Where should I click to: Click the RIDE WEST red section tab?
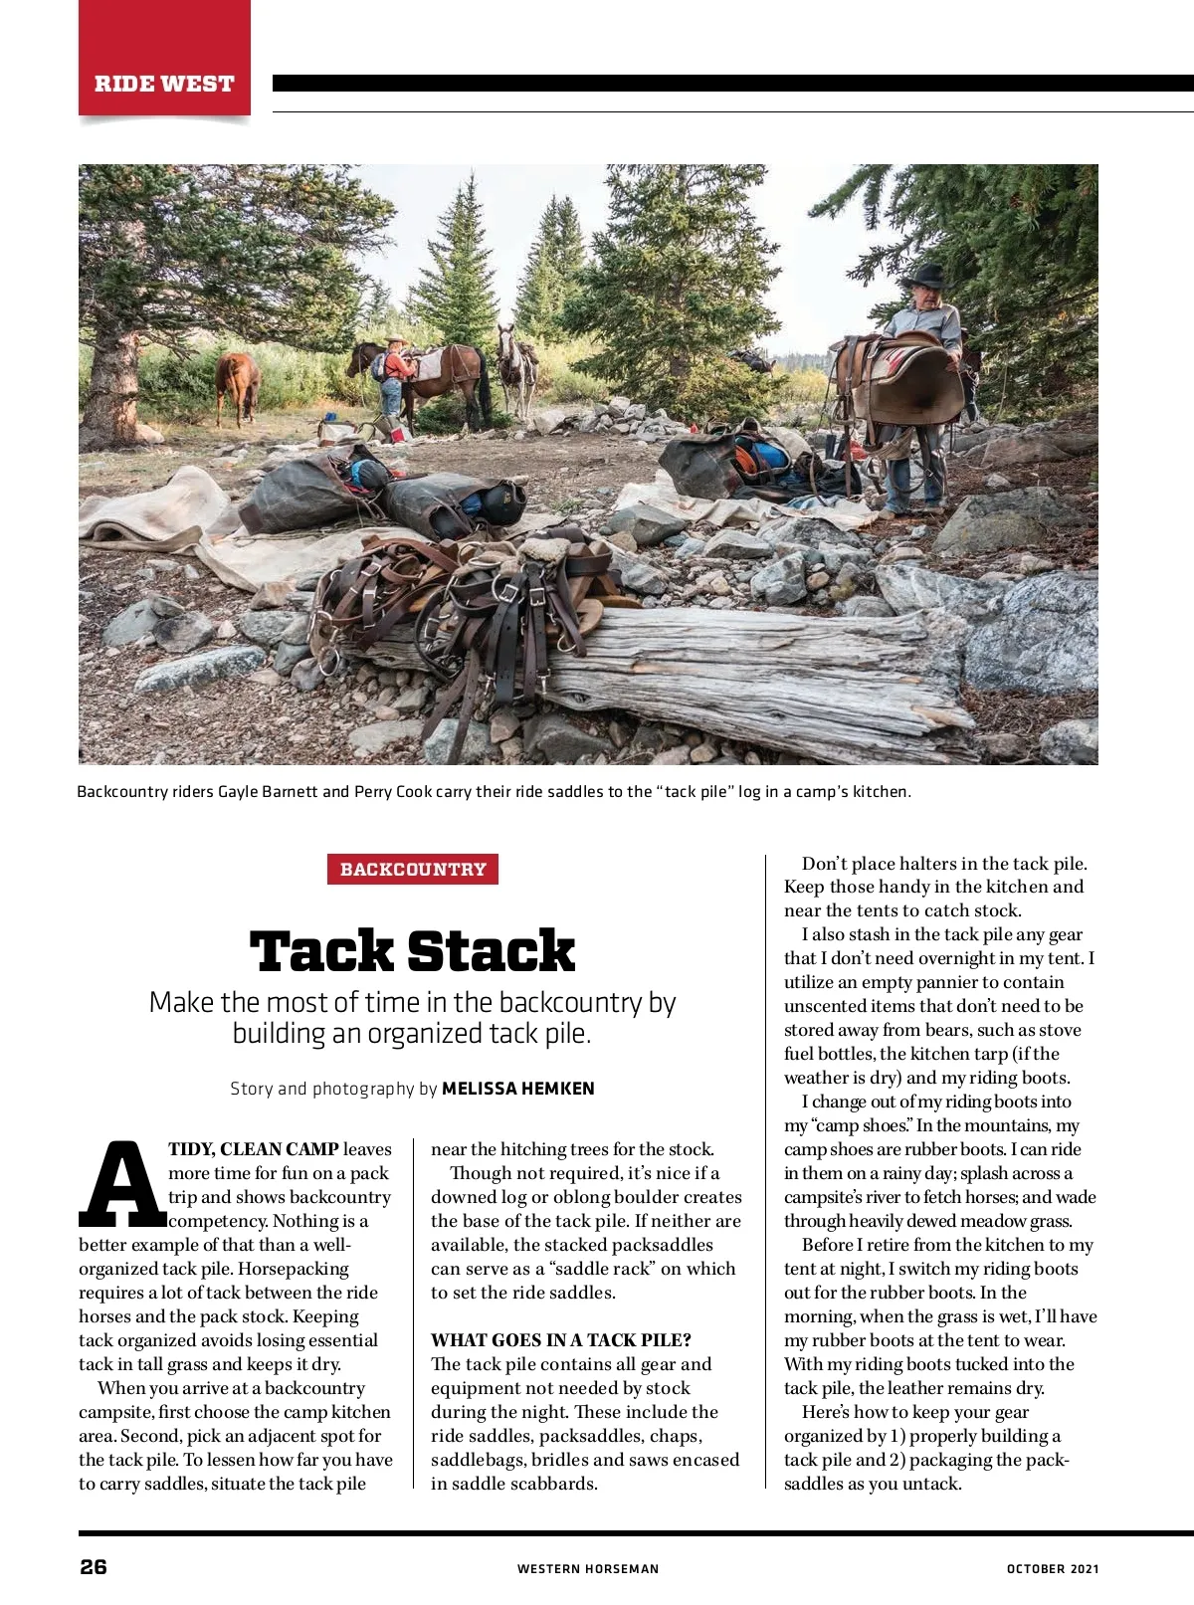164,84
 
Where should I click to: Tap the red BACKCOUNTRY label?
413,869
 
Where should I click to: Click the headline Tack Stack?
412,951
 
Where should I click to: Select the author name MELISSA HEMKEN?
517,1089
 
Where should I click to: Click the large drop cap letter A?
121,1184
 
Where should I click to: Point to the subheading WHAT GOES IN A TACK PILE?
560,1340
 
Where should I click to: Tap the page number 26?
94,1567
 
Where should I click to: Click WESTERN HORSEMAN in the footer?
587,1569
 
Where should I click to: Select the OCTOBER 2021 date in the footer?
1052,1569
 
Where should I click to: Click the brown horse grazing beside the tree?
238,384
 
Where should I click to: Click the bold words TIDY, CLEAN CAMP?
254,1149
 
